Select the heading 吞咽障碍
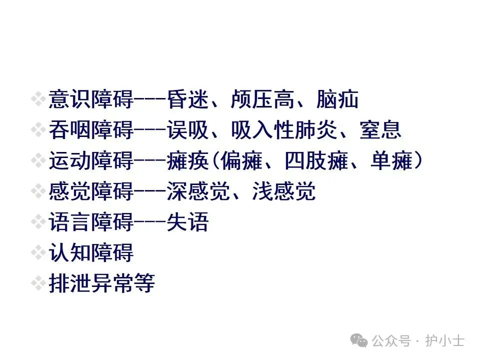click(91, 130)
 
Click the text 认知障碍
click(91, 253)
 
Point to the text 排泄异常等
click(102, 283)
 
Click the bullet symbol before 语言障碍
click(38, 222)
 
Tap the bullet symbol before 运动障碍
click(38, 161)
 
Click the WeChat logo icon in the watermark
click(358, 340)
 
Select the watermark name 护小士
click(444, 341)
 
